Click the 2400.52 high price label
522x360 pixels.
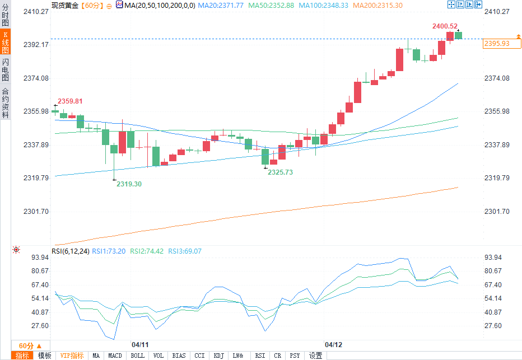coord(445,26)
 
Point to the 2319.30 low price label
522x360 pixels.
coord(129,184)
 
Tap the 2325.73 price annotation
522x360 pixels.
coord(280,172)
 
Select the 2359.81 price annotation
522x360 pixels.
coord(70,101)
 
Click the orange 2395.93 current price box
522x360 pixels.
coord(497,44)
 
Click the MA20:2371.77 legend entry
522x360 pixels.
coord(225,5)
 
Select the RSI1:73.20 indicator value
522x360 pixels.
coord(109,251)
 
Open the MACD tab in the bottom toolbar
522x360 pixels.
coord(115,356)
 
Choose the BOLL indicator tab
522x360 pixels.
coord(137,356)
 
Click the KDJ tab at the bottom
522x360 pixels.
coord(218,356)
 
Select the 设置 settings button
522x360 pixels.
coord(316,356)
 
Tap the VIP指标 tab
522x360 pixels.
coord(72,356)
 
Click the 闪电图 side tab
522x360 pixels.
coord(5,69)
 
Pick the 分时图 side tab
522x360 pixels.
coord(5,16)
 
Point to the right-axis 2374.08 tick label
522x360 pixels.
coord(497,78)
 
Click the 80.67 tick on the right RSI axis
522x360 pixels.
coord(497,271)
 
